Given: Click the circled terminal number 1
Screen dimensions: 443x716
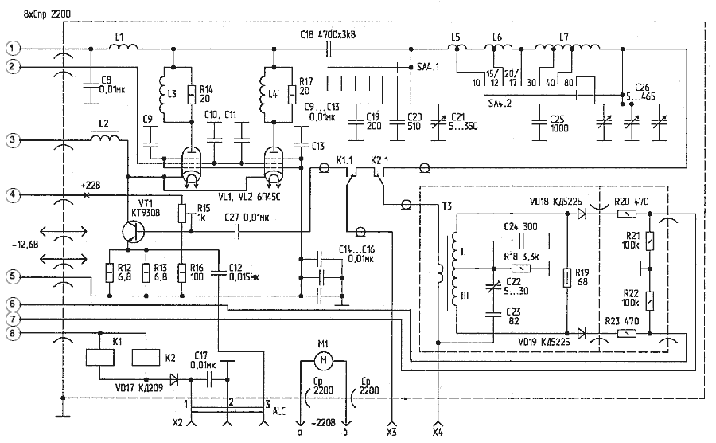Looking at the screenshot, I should coord(10,48).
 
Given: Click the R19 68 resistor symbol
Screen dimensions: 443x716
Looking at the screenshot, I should coord(566,278).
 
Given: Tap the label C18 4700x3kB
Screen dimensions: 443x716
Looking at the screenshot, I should coord(328,34).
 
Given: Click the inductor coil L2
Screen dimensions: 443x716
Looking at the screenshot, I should coord(106,139).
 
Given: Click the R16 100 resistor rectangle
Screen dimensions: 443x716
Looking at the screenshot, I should coord(182,272).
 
